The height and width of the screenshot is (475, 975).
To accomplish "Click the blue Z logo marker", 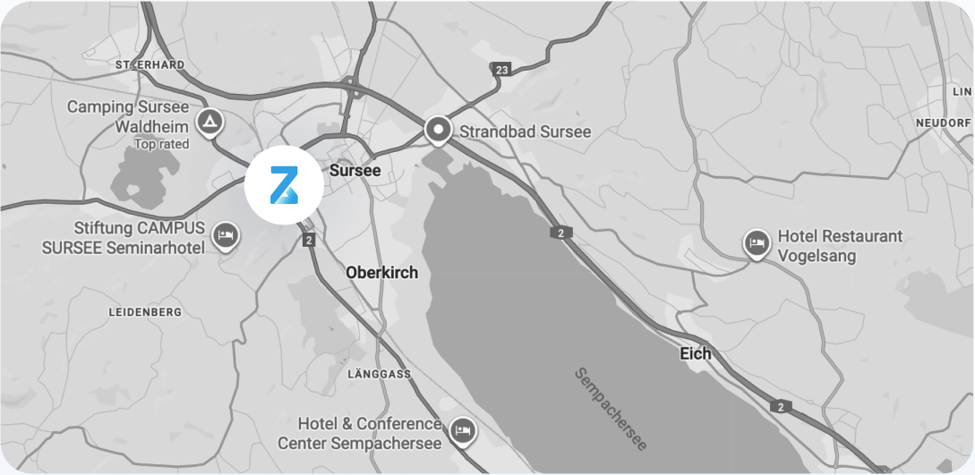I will click(280, 186).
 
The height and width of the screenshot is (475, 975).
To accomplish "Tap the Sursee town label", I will click(355, 170).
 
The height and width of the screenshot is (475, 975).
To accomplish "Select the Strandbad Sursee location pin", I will click(439, 131).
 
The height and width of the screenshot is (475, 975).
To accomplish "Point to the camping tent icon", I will click(210, 122).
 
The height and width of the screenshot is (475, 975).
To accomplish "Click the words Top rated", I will click(161, 144).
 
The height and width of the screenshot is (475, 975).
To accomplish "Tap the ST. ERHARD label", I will click(150, 65).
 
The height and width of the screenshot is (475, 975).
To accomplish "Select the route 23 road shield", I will click(500, 69).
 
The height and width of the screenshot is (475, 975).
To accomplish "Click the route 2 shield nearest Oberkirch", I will click(309, 240).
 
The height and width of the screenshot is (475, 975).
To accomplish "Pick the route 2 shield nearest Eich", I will click(781, 407).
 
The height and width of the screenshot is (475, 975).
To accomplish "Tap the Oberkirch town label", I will click(381, 273).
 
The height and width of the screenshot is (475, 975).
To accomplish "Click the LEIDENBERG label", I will click(144, 312).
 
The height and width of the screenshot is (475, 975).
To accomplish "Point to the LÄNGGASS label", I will click(379, 373).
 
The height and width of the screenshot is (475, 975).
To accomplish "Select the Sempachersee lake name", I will click(612, 408).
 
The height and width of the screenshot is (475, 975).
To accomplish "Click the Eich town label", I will click(696, 353).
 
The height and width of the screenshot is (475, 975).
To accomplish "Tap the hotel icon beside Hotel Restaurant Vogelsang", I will click(757, 243).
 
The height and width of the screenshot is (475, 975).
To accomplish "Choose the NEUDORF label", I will click(943, 122).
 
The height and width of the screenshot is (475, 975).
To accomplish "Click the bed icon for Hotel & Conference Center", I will click(463, 431).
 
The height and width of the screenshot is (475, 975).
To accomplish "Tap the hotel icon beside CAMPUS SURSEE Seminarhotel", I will click(226, 237).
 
